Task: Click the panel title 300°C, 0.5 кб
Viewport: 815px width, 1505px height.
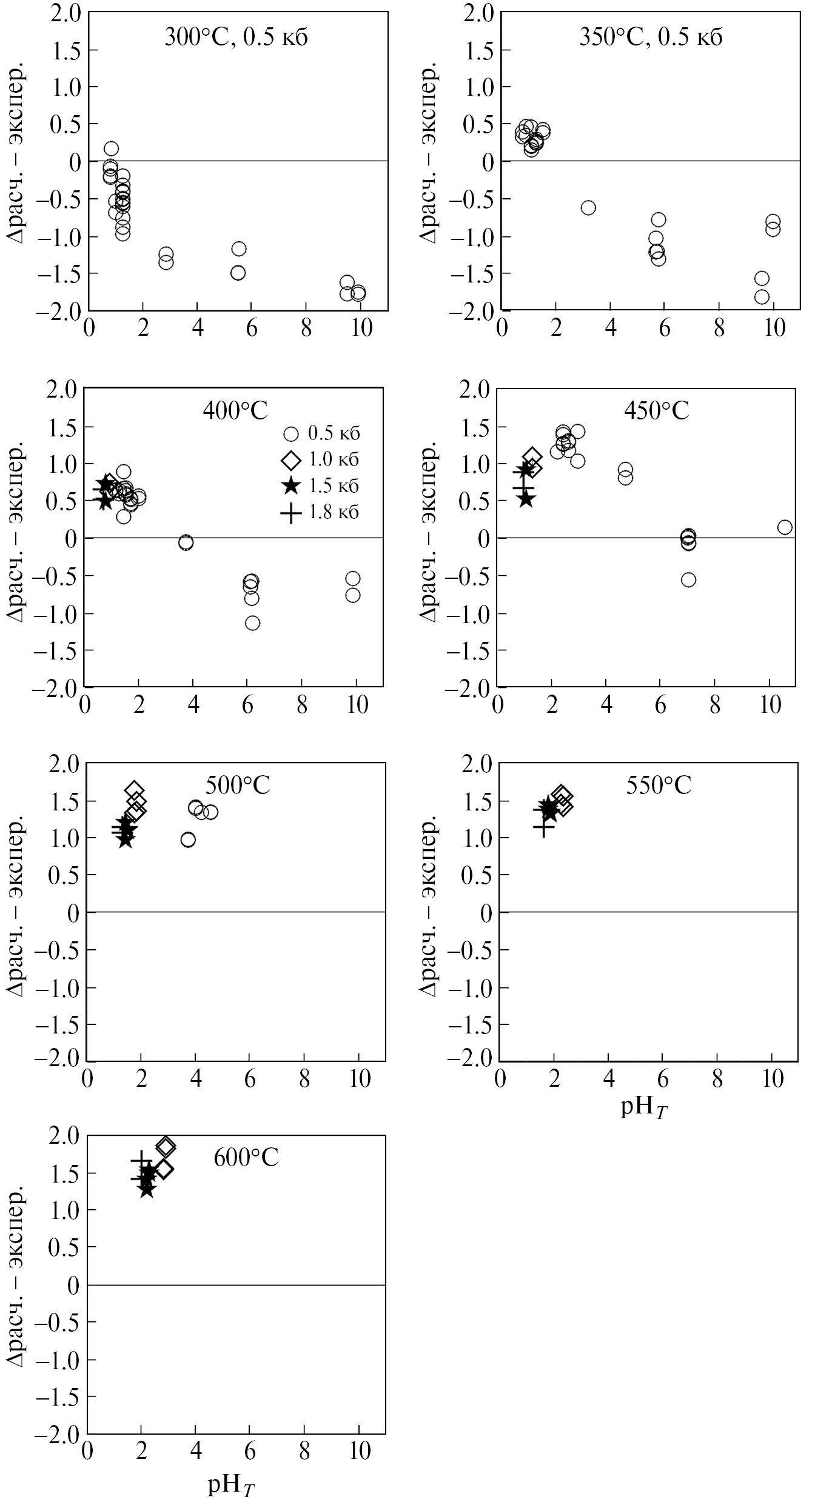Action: tap(236, 38)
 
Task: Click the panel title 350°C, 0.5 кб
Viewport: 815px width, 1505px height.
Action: tap(651, 38)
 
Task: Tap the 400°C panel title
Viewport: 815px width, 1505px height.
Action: tap(235, 412)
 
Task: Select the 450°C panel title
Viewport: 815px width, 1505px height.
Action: tap(657, 412)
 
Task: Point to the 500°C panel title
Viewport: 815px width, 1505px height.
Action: tap(237, 786)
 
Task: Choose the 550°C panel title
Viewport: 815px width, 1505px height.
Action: tap(659, 786)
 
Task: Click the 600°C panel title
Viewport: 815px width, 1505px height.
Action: tap(246, 1158)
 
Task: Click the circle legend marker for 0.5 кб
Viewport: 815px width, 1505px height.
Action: tap(292, 434)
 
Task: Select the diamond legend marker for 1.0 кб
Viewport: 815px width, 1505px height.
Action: tap(292, 460)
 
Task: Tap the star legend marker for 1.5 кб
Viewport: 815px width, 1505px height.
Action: tap(292, 486)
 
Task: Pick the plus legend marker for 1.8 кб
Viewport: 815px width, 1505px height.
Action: tap(292, 513)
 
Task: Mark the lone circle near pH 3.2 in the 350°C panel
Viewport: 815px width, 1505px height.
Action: tap(588, 208)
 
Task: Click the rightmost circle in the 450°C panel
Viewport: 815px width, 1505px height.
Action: tap(785, 527)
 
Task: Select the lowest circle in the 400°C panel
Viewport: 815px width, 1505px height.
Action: tap(253, 623)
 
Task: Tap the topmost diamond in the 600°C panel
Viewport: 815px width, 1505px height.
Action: tap(166, 1146)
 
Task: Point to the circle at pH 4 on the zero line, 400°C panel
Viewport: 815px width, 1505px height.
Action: tap(186, 542)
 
